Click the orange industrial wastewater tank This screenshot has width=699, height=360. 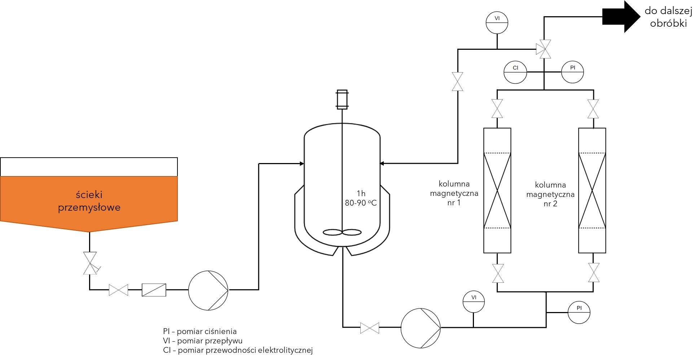[x=89, y=202]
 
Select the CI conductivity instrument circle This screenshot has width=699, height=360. [x=515, y=72]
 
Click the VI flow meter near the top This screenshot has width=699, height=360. [x=497, y=23]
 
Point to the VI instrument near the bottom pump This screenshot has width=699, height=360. [x=474, y=302]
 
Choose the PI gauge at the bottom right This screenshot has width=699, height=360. [x=579, y=312]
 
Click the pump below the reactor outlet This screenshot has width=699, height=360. [x=421, y=328]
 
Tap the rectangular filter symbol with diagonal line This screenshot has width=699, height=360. [x=154, y=290]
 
